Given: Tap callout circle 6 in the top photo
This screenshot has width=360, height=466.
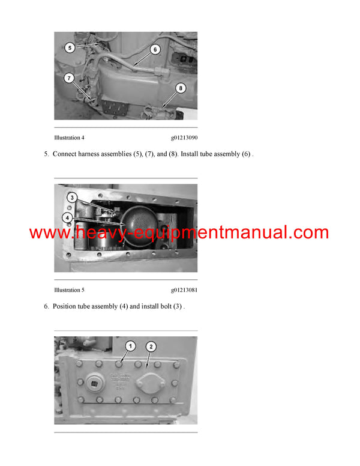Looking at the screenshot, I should tap(155, 50).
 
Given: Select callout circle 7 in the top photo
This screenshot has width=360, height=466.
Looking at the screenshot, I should tap(70, 77).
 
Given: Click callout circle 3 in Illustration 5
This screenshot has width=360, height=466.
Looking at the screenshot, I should tap(71, 198).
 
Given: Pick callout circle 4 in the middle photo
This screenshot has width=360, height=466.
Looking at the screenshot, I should tap(70, 217).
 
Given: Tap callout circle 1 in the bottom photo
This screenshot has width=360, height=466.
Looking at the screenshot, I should tap(131, 346).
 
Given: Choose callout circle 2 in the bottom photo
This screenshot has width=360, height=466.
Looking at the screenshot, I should tap(151, 346).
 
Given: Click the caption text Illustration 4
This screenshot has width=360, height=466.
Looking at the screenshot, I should tap(69, 138).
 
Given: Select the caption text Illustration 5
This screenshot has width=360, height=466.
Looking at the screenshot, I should tap(69, 290).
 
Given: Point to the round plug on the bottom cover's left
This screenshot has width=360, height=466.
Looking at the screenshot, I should tap(94, 383).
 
